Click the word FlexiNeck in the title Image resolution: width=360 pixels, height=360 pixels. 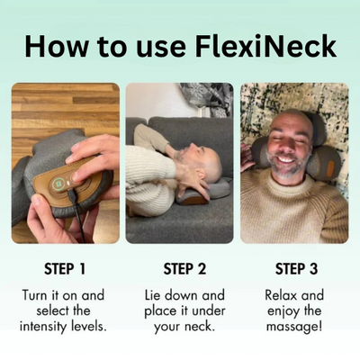tap(265, 47)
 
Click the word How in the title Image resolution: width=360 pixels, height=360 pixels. tap(57, 47)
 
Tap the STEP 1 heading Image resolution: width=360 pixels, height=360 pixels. tap(65, 269)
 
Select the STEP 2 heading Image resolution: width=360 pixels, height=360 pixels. tap(184, 269)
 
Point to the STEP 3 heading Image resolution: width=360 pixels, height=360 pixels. tap(296, 269)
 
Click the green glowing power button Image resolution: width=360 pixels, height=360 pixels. tap(57, 183)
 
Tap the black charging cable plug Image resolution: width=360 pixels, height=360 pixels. tap(72, 195)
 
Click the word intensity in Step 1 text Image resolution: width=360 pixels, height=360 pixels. tap(44, 326)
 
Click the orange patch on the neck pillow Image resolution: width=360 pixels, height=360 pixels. tap(330, 168)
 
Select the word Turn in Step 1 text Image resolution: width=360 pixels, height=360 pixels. tap(35, 295)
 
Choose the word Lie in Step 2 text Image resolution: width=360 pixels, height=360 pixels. tap(153, 295)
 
